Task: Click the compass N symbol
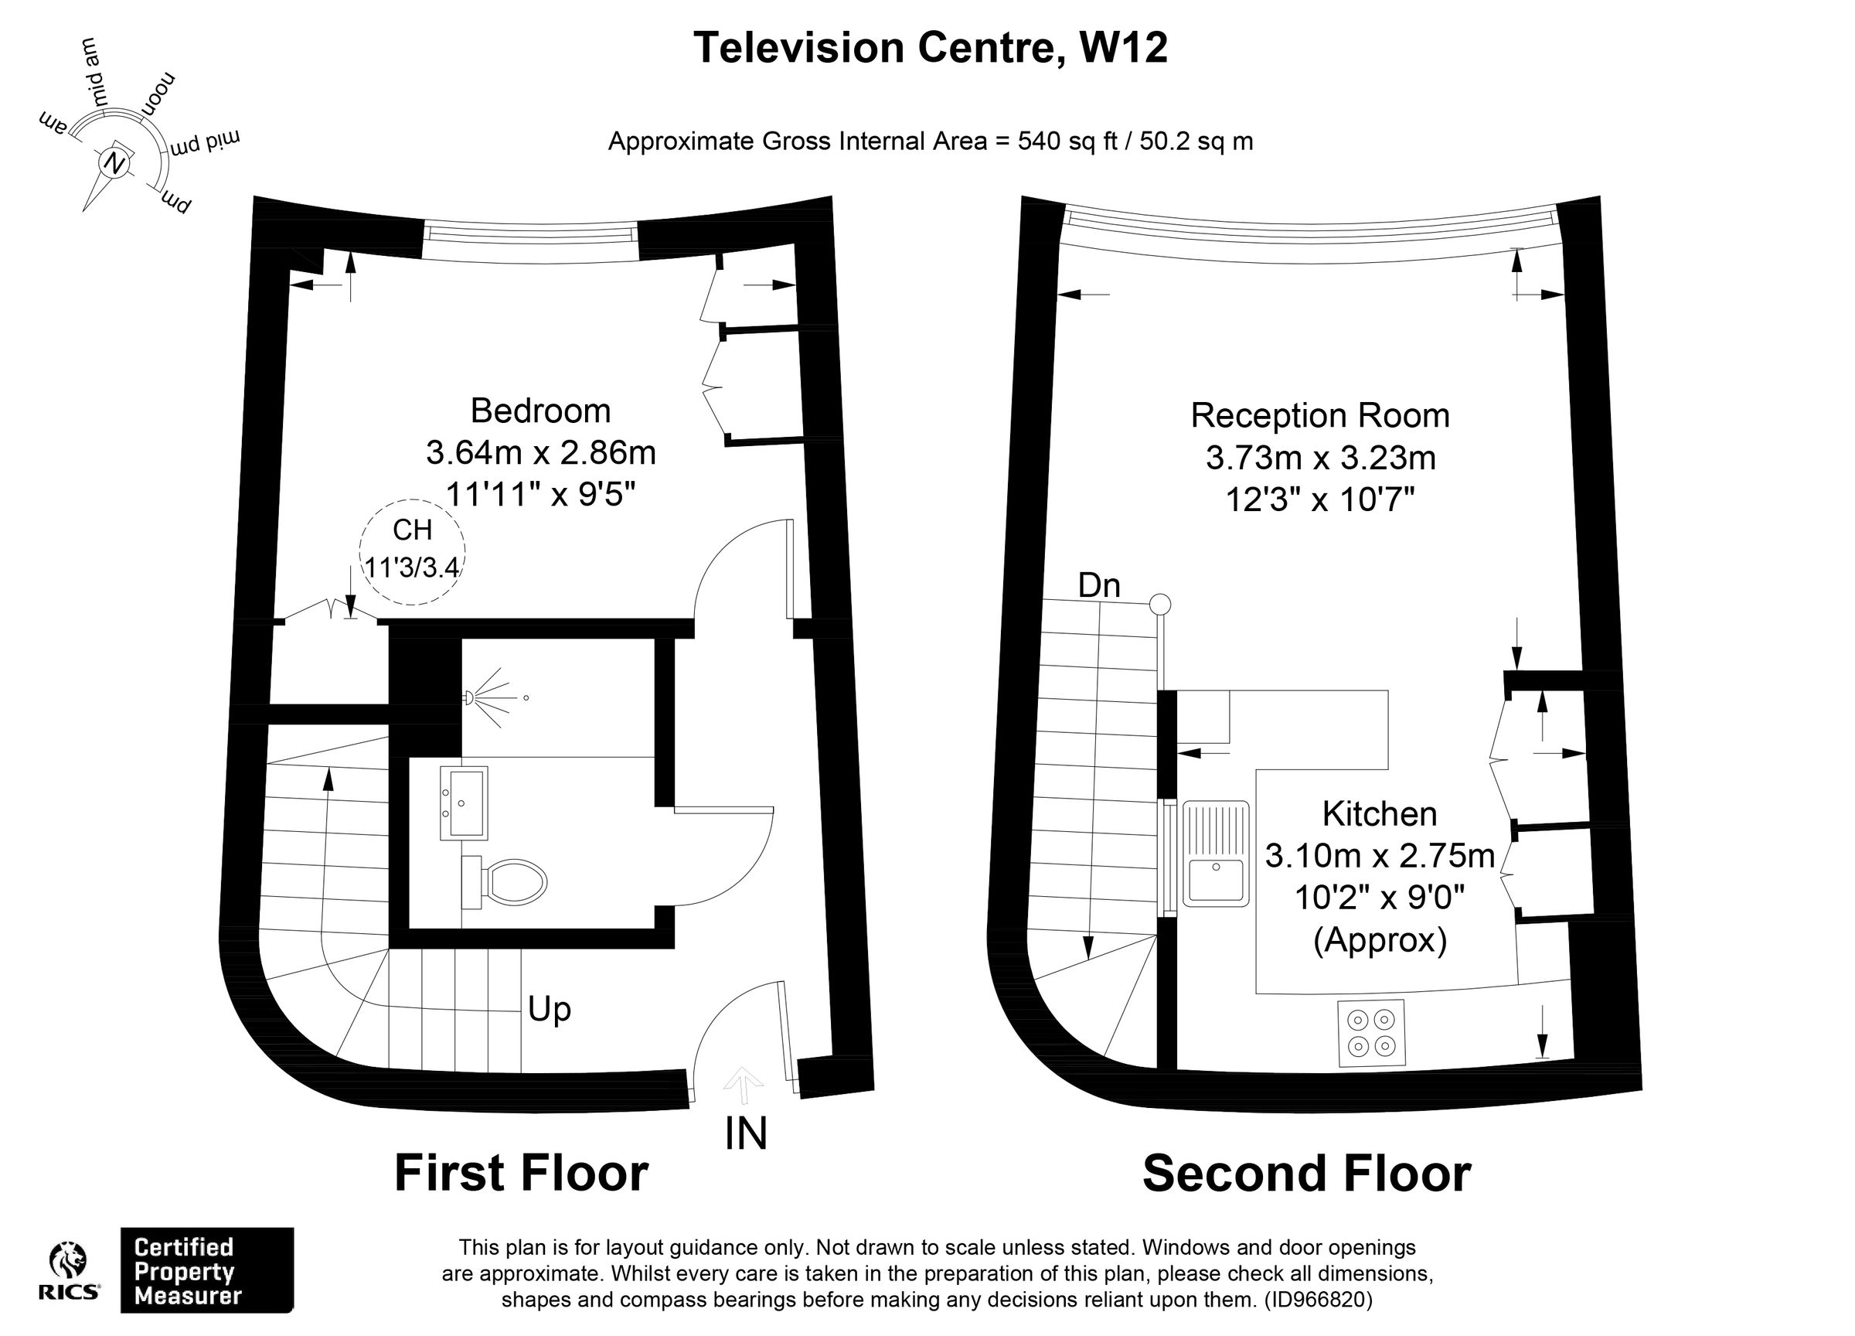115,165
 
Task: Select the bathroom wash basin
464,803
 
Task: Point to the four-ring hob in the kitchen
1372,1032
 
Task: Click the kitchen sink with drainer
1217,854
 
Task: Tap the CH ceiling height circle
412,551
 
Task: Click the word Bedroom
539,411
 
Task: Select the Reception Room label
1319,416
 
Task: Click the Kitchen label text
1379,814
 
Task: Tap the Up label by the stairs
549,1010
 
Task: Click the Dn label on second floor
1098,586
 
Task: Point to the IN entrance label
745,1133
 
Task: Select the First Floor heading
521,1172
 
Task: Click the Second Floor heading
1306,1173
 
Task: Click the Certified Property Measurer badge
206,1270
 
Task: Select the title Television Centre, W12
930,47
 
